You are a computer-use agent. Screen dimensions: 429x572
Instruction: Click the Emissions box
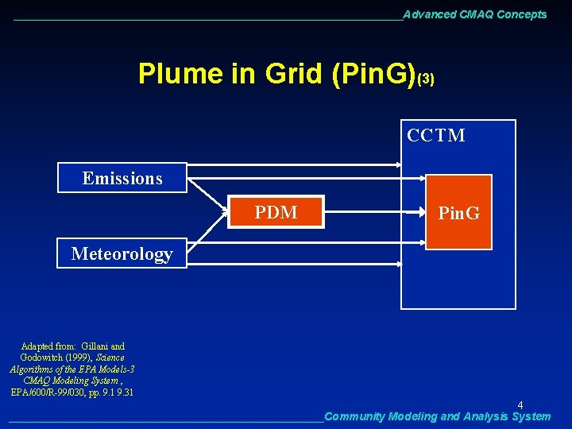click(122, 178)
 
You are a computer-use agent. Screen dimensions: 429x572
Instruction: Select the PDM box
click(276, 212)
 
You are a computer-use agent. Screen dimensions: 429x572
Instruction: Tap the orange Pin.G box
click(458, 212)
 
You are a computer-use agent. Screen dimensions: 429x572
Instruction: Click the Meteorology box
click(122, 253)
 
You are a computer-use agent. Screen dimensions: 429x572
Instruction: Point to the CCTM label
click(436, 136)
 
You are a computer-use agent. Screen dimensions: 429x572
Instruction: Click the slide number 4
click(520, 405)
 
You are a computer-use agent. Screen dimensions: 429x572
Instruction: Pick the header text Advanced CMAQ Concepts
click(474, 14)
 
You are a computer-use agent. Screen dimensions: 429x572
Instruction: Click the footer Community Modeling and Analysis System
click(437, 416)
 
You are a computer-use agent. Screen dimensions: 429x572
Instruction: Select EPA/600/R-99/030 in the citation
click(49, 392)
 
